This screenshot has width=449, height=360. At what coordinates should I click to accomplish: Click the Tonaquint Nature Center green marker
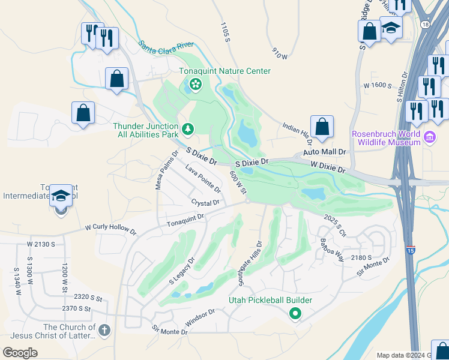(x=195, y=84)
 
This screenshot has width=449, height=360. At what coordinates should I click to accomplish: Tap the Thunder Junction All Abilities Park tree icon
(x=188, y=128)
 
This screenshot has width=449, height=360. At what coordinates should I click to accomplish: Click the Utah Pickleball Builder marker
(x=295, y=313)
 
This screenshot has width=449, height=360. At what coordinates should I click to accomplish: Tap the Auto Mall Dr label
(x=325, y=152)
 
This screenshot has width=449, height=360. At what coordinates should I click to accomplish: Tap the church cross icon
(x=104, y=331)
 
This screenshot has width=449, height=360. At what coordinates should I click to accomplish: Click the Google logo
(x=20, y=352)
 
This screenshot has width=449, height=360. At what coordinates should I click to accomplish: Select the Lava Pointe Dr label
(x=203, y=178)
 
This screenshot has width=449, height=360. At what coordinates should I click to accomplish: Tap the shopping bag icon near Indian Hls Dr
(x=322, y=127)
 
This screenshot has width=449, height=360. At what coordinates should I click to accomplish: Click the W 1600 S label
(x=378, y=86)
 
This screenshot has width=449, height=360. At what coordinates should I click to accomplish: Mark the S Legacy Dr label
(x=182, y=271)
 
